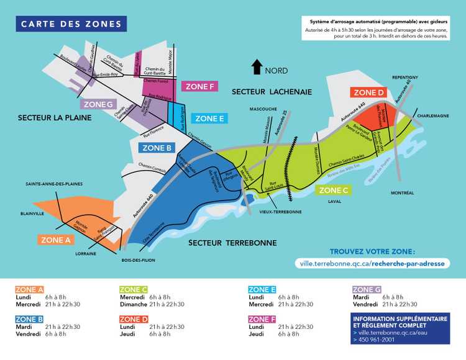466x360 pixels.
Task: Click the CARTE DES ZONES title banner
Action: coord(71,24)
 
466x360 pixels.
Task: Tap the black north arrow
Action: coord(255,66)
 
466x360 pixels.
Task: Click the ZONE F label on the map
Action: coord(199,86)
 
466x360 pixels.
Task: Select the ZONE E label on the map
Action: coord(209,118)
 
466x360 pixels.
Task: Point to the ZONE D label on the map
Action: coord(368,92)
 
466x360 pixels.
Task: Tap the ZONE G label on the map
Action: coord(98,104)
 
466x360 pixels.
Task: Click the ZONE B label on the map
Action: coord(157,148)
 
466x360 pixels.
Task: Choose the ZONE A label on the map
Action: coord(55,240)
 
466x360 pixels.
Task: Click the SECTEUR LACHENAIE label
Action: coord(271,92)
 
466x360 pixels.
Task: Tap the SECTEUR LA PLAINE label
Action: coord(50,117)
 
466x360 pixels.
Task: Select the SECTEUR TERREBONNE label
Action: coord(232,243)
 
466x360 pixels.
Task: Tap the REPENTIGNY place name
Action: coord(406,77)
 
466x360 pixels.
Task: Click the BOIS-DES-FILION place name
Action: coord(138,260)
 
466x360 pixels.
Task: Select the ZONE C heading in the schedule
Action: coord(133,289)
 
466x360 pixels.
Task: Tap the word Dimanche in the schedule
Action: coord(133,304)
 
